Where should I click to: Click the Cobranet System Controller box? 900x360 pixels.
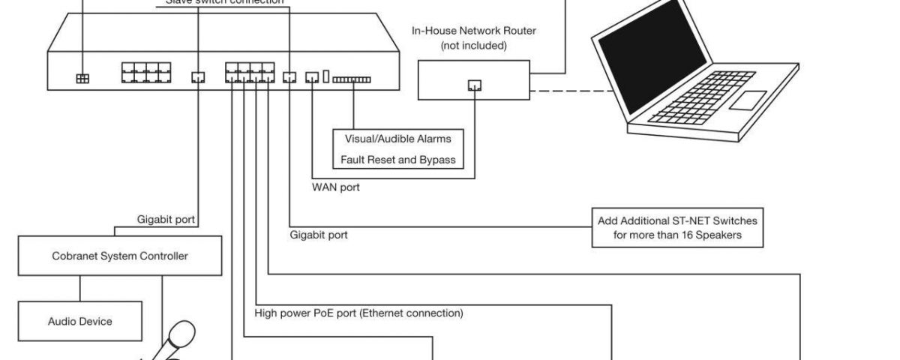pos(120,256)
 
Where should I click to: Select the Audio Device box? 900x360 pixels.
pos(79,321)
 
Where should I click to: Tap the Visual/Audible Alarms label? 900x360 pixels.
pos(397,139)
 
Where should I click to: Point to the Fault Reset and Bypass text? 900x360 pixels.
pos(397,160)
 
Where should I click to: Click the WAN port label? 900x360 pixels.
pos(335,187)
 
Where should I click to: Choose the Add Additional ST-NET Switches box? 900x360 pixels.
pos(677,228)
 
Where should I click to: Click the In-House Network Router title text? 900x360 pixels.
pos(474,31)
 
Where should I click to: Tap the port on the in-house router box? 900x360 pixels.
pos(474,85)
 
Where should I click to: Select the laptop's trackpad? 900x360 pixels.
pos(743,100)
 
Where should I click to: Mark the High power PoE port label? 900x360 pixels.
pos(358,313)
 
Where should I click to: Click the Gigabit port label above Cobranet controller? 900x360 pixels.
pos(166,220)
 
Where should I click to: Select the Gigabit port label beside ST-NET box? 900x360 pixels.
pos(319,235)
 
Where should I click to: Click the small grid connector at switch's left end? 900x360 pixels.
pos(82,78)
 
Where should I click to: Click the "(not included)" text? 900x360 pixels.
pos(474,45)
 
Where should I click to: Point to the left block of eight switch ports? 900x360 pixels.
pos(145,73)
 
